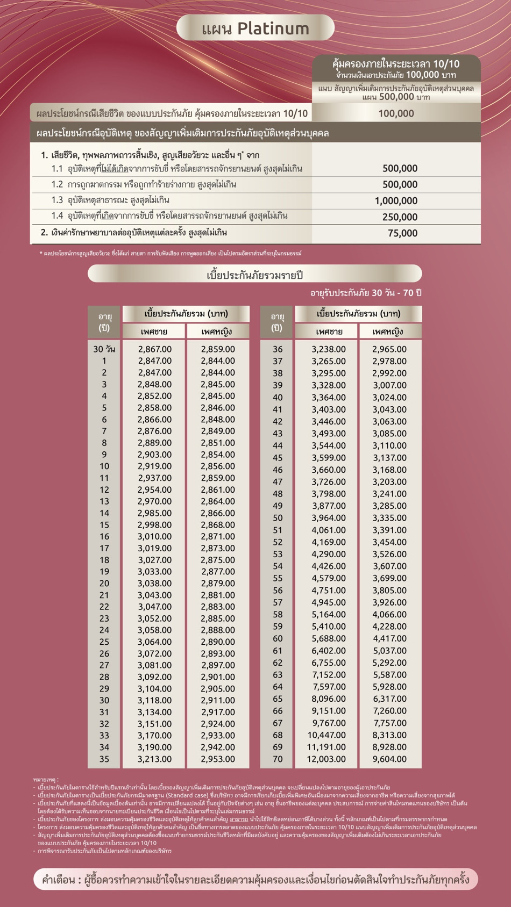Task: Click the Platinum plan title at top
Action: pos(256,28)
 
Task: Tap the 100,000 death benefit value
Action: pos(396,113)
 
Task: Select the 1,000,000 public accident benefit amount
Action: pos(396,201)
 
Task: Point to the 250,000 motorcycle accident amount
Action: pos(400,217)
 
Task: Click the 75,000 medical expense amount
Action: pos(402,233)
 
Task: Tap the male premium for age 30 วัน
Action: pos(154,349)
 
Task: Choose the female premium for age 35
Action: pos(218,759)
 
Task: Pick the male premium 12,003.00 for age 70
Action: pos(327,759)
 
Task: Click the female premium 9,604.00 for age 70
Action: pos(389,759)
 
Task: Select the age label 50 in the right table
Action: pos(278,518)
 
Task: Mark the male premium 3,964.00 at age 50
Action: pos(329,518)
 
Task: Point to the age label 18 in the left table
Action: pos(104,560)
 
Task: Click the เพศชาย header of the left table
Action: pos(154,332)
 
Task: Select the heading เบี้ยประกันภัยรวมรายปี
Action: pos(255,275)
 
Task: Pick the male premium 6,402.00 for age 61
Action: pos(329,651)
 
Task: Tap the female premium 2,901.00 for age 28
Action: pos(218,677)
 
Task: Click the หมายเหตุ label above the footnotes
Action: pos(46,779)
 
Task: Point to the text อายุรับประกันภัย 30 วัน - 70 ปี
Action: pos(366,293)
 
